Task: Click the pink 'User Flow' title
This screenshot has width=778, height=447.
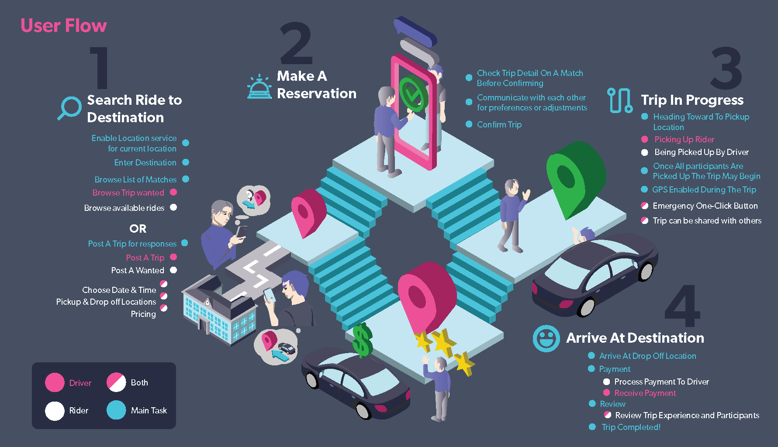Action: (x=64, y=26)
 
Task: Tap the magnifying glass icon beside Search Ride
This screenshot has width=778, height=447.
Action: (x=69, y=108)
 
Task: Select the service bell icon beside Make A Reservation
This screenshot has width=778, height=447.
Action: (x=259, y=87)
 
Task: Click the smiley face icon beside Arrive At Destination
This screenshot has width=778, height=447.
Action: (x=546, y=338)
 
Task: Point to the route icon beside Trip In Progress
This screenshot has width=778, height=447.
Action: (x=619, y=101)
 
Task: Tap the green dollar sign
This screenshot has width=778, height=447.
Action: (x=362, y=340)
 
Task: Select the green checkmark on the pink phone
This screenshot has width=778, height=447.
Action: (x=411, y=94)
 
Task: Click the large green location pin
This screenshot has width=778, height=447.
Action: (x=574, y=177)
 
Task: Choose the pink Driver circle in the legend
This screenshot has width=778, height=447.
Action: (x=55, y=383)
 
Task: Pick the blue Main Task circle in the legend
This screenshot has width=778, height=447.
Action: (x=116, y=410)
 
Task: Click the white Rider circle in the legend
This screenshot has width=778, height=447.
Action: (x=55, y=411)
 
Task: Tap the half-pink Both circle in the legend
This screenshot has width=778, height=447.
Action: (x=116, y=382)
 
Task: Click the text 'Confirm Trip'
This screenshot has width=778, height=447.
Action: (x=499, y=125)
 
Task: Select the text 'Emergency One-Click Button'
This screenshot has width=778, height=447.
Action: (x=705, y=206)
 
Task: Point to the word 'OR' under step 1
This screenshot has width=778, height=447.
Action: (x=138, y=229)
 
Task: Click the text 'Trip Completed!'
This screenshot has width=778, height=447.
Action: (x=631, y=427)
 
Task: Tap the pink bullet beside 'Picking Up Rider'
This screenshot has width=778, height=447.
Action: (x=644, y=140)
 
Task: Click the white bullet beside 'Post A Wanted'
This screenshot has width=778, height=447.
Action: (x=173, y=270)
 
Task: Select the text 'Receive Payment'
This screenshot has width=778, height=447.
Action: (x=645, y=393)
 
